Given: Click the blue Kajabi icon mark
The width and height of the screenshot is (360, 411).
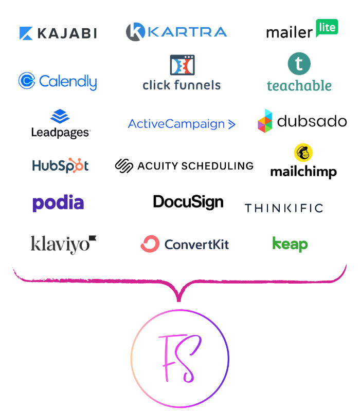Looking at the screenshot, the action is [26, 33].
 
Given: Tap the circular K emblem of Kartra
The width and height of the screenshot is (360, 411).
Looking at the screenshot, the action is [135, 32].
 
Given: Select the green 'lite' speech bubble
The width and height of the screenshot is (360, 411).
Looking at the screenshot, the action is [327, 28].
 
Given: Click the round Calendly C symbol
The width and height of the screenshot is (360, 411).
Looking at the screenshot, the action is [27, 81].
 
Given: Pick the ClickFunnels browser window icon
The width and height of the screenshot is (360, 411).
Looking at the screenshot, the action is [183, 65].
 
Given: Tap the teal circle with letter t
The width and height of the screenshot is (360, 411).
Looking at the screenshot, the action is [299, 64].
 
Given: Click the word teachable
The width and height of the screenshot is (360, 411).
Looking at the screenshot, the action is [299, 86].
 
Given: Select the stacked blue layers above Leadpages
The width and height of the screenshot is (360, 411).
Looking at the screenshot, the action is [60, 116].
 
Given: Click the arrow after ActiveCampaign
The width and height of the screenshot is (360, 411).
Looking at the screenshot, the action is [231, 124].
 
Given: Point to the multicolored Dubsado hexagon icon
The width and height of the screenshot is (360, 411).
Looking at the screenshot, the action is [265, 121].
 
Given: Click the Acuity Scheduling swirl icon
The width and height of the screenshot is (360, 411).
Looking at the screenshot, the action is [124, 166].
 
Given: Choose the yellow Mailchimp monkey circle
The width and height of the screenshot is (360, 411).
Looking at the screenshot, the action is [303, 153].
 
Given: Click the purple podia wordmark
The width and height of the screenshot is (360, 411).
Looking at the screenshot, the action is [58, 203].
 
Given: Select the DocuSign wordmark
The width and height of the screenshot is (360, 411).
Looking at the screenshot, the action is [188, 202].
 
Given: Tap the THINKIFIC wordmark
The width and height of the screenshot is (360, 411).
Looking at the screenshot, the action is [284, 208].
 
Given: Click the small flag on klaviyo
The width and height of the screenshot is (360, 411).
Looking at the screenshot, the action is [93, 238].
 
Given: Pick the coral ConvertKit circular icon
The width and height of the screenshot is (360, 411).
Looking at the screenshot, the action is [150, 244].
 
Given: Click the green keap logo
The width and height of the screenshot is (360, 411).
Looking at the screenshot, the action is [290, 245].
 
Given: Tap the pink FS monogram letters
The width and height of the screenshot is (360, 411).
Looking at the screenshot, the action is [179, 358].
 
